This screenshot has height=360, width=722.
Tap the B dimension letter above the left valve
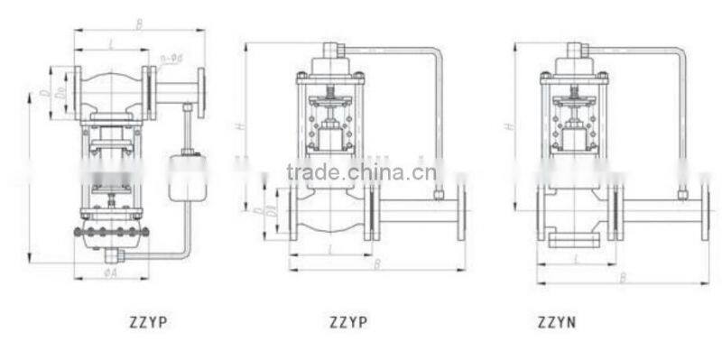pos(139,24)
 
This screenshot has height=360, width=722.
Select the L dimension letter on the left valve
pos(110,42)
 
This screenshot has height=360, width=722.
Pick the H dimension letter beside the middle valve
pos(240,127)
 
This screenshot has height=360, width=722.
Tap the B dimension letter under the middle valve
pos(376,263)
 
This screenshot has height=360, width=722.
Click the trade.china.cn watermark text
pos(361,171)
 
